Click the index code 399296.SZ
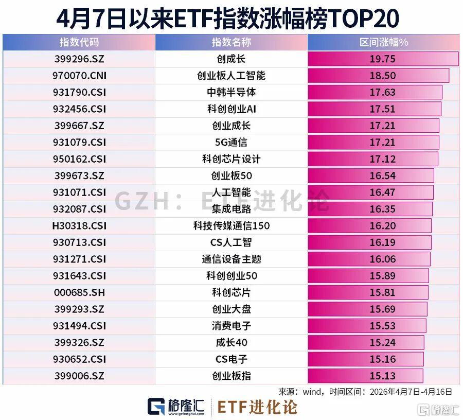(x=79, y=59)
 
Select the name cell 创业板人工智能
(x=231, y=76)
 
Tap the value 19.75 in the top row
(x=382, y=59)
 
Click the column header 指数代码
(x=79, y=42)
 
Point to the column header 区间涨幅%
(x=383, y=42)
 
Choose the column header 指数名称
(x=231, y=42)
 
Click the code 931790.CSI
(x=79, y=93)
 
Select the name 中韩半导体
(x=231, y=93)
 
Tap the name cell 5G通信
(x=231, y=143)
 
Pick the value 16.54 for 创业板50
(x=382, y=176)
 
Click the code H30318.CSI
(x=79, y=225)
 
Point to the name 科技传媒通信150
(x=231, y=225)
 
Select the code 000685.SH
(x=79, y=292)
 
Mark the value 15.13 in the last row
(x=382, y=376)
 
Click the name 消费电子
(x=231, y=326)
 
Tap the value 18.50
(x=382, y=76)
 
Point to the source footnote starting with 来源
(x=365, y=391)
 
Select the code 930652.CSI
(x=79, y=359)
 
